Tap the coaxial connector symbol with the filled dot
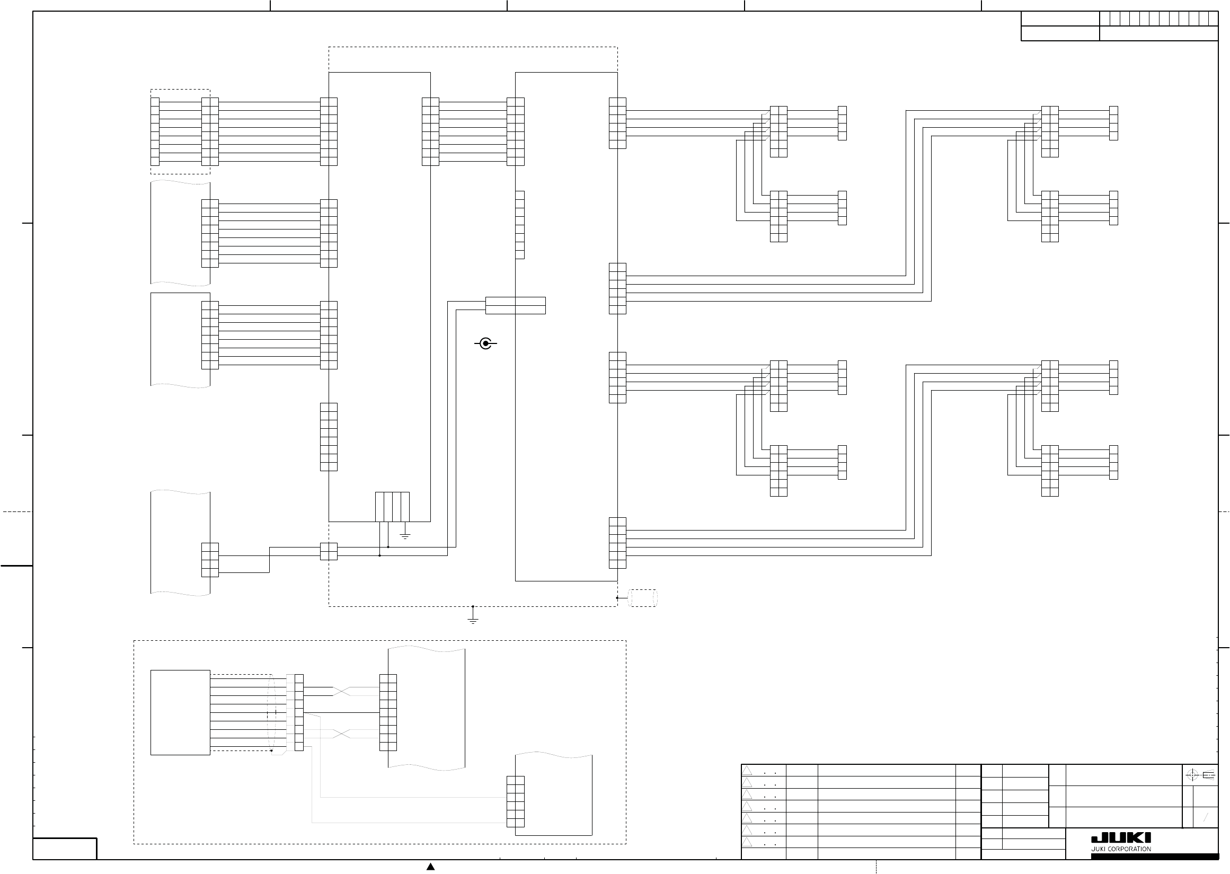[486, 343]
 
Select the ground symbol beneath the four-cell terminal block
[405, 535]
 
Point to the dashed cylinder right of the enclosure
[643, 598]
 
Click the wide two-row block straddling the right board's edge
[516, 305]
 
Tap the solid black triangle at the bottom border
[430, 867]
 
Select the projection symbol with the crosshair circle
[1192, 775]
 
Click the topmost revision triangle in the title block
[747, 771]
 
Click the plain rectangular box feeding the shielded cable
[180, 712]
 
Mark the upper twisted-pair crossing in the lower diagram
[342, 692]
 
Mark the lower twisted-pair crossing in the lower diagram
[342, 734]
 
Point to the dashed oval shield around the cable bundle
[272, 712]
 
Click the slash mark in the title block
[1206, 818]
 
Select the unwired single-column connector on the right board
[520, 225]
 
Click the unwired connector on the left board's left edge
[329, 437]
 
